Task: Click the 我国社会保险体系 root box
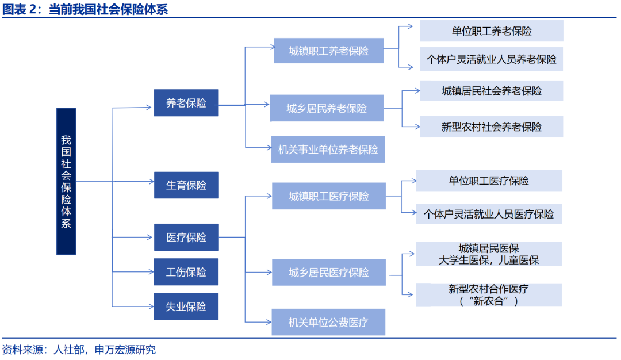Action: click(66, 181)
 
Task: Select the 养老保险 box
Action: click(186, 103)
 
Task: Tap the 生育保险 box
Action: click(186, 185)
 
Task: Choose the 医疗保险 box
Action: click(186, 237)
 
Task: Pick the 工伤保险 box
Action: click(186, 272)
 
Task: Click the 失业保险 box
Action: click(186, 307)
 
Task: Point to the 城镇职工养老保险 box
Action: click(328, 51)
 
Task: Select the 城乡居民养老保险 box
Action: click(327, 108)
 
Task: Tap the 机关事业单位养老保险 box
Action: click(328, 150)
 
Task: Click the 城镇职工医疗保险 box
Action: click(328, 196)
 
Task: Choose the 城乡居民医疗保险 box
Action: click(328, 272)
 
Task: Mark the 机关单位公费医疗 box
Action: click(328, 322)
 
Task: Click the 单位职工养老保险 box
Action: click(491, 31)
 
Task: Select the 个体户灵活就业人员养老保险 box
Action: click(491, 59)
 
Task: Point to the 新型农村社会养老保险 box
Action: click(491, 127)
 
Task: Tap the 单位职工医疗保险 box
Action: click(489, 181)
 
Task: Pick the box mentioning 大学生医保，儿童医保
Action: click(489, 254)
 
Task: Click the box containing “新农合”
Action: click(489, 294)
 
